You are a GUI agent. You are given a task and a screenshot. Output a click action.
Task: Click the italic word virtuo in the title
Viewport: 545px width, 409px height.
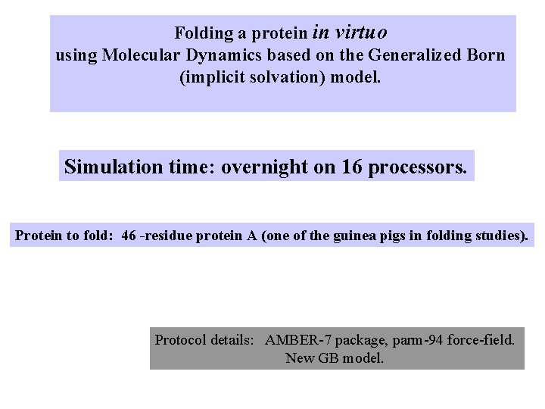(x=360, y=33)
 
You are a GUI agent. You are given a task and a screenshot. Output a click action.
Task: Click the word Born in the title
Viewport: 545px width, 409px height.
(x=485, y=55)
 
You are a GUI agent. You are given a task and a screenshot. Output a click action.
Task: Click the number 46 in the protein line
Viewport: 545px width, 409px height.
(x=129, y=236)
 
